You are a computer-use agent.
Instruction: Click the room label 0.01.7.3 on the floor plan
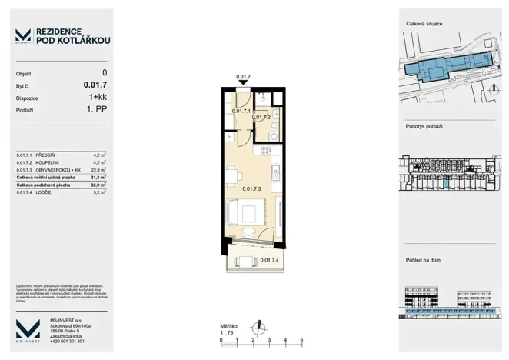253,188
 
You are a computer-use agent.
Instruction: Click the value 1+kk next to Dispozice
98,98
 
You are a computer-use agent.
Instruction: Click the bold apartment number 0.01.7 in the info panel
95,85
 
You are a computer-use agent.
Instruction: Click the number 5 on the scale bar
301,339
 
